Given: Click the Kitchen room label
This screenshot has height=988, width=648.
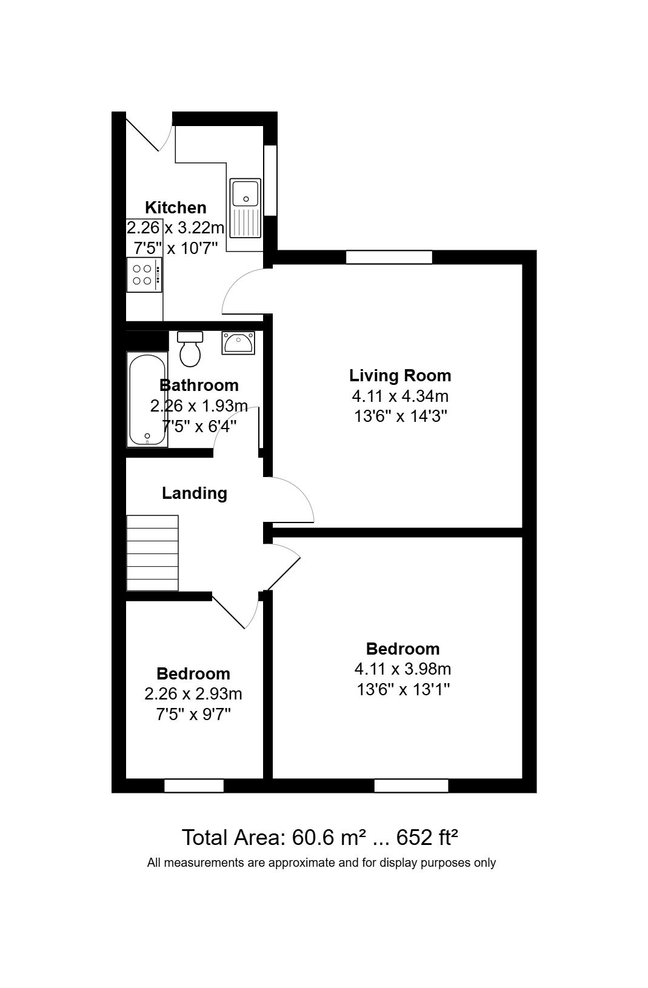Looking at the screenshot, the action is (x=176, y=207).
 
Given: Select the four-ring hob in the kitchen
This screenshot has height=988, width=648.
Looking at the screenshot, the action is (x=144, y=275).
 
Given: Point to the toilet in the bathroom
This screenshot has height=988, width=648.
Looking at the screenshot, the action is (x=190, y=349).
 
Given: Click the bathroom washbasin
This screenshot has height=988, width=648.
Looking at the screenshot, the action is (x=238, y=342).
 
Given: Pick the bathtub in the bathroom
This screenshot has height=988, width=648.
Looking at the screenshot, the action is (x=147, y=399).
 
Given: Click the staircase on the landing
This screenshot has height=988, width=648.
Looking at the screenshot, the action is (x=153, y=553).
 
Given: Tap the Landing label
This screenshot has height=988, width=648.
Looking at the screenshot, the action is (x=195, y=493).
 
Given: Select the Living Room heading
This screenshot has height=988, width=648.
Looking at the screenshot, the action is (x=400, y=376).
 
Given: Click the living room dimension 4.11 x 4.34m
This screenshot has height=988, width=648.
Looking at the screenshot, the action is (x=400, y=396).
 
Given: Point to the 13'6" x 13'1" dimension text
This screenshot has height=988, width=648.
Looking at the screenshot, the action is (x=402, y=689).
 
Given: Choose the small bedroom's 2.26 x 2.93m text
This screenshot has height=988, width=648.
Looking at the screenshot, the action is (x=193, y=694).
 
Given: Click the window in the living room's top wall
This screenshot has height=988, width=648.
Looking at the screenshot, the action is (x=389, y=257).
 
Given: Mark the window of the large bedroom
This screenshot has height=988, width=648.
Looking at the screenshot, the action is (x=411, y=786).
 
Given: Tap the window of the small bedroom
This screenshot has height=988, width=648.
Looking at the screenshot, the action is (x=193, y=786).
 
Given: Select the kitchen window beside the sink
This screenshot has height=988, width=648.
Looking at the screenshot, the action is (x=270, y=181).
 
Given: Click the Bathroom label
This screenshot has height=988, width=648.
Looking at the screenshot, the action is (x=199, y=386).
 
